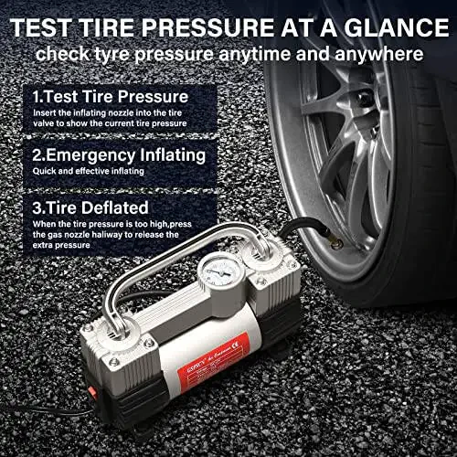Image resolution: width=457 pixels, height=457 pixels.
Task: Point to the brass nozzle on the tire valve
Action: (336, 244)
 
